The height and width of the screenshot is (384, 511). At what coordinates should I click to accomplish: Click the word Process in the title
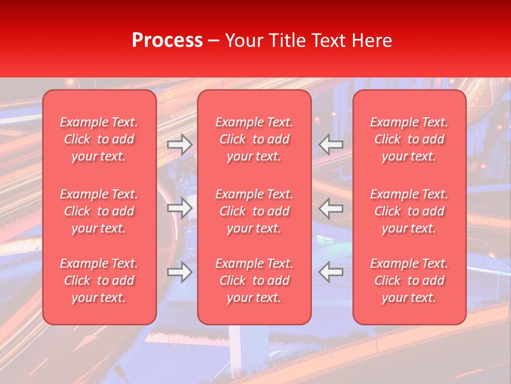coord(167,40)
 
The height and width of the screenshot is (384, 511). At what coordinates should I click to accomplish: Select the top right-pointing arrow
coord(179,145)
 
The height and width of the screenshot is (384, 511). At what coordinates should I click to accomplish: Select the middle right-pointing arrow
coord(179,208)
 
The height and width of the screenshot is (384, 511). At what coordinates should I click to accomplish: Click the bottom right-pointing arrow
coord(179,272)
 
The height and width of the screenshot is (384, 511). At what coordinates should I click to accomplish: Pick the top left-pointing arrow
coord(331,145)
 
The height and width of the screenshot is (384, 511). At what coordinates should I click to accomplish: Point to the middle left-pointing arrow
coord(331,208)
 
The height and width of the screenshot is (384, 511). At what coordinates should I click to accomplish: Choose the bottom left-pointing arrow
coord(331,272)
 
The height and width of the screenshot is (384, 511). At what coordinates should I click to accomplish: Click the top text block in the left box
coord(99,139)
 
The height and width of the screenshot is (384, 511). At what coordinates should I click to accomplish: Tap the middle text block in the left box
coord(99,211)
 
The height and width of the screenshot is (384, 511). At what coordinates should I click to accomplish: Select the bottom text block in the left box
coord(99,281)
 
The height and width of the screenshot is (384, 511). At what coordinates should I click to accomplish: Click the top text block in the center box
coord(254,139)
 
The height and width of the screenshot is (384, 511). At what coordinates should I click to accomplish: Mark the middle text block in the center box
coord(254,211)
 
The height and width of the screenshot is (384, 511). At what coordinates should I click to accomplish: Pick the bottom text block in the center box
coord(254,281)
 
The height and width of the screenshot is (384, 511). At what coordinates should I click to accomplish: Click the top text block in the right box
coord(409,139)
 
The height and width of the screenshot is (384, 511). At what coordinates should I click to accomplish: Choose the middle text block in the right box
coord(409,211)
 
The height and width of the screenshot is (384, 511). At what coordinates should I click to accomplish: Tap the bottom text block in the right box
coord(409,281)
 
